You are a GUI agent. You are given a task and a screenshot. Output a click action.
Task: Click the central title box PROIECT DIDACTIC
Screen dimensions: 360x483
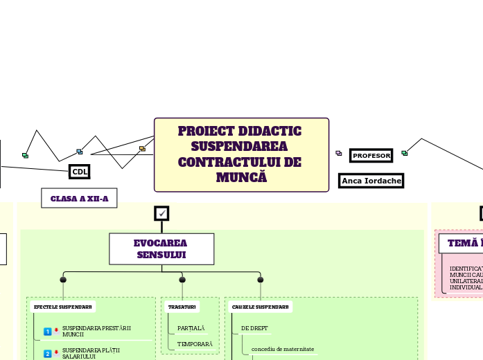tap(241, 154)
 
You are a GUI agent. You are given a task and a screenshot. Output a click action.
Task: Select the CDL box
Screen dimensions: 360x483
tap(80, 172)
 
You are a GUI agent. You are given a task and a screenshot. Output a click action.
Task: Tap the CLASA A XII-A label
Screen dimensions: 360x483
tap(79, 199)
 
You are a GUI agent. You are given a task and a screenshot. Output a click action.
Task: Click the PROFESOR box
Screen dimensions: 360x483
tap(371, 156)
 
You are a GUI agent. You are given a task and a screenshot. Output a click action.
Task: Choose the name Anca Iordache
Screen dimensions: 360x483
tap(371, 181)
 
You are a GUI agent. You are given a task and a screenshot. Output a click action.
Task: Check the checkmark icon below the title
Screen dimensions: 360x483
tap(161, 213)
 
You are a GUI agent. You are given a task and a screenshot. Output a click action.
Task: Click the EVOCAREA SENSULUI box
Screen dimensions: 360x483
tap(161, 249)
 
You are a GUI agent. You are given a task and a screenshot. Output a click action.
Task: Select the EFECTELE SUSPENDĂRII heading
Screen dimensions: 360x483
tap(63, 307)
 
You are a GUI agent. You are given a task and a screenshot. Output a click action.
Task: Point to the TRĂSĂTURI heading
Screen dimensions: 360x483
tap(182, 307)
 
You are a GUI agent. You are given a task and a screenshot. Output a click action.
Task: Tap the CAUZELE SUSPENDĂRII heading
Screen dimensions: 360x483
tap(261, 307)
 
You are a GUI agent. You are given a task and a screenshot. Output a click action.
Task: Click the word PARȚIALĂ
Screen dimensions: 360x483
tap(191, 327)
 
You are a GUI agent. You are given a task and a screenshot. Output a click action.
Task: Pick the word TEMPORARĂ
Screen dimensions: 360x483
tap(195, 344)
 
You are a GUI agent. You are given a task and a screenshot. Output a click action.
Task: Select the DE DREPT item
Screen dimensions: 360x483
tap(254, 327)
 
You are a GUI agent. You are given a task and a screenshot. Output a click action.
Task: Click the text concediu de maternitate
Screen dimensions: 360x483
tap(283, 349)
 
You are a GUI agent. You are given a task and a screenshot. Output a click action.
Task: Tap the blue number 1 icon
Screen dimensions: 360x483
tap(48, 332)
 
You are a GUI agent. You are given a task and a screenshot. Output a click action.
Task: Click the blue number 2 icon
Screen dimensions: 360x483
tap(48, 354)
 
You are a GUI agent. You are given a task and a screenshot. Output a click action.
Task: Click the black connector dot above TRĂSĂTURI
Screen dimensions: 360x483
tap(182, 280)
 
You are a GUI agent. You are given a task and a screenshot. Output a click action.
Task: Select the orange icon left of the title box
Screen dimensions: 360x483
tap(142, 149)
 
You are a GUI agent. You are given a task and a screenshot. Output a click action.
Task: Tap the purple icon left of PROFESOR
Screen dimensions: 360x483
tap(338, 153)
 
